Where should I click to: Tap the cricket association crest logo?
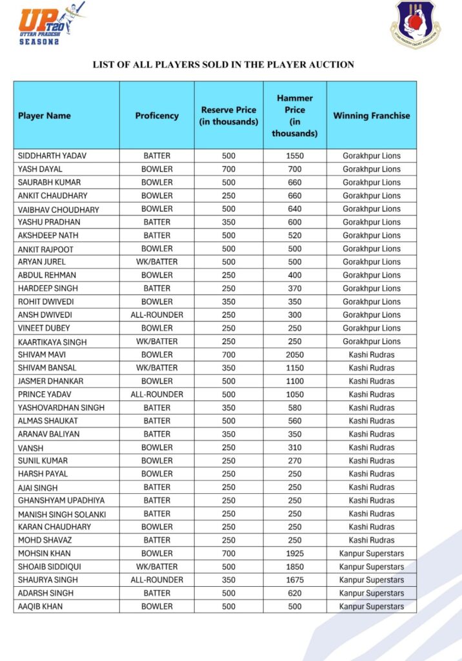415,25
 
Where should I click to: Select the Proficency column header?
157,116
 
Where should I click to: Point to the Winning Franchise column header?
371,116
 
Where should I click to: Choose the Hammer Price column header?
295,116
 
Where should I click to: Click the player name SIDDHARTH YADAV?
52,156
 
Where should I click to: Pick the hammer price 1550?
295,156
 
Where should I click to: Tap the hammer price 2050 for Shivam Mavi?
295,354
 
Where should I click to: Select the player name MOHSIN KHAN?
45,553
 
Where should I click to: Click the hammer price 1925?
295,553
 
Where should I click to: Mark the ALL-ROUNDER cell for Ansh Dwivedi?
157,315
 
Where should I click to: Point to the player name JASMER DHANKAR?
50,381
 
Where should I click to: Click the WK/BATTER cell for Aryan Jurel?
157,261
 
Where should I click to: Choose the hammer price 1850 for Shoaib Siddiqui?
295,567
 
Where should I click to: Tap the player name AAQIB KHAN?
40,606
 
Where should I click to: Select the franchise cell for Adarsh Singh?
371,593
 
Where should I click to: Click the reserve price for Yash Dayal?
228,169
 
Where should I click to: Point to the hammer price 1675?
295,580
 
